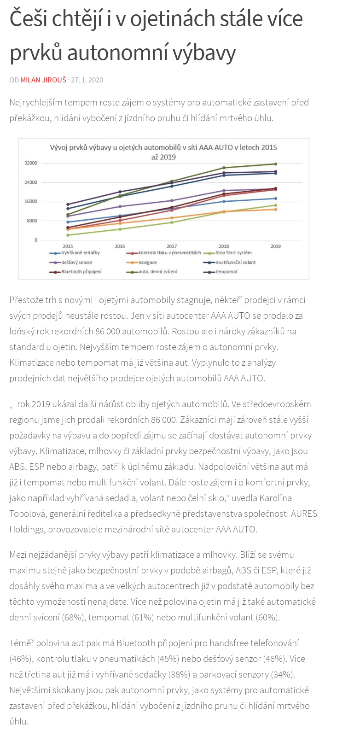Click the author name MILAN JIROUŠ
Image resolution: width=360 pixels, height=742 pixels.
[43, 80]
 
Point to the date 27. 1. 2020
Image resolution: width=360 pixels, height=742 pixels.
[87, 80]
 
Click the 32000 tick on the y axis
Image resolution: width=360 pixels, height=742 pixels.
[31, 163]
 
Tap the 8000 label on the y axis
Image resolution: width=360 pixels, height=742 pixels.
[32, 221]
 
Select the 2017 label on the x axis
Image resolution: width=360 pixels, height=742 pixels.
[172, 246]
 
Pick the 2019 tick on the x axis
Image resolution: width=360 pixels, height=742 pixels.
[276, 246]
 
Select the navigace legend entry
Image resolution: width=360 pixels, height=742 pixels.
[147, 263]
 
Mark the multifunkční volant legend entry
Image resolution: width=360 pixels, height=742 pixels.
[235, 263]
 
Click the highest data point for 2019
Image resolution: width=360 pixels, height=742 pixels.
[276, 164]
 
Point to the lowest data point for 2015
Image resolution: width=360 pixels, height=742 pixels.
[68, 235]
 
